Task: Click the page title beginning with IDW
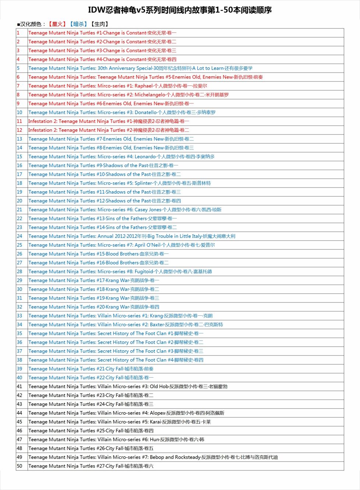click(180, 10)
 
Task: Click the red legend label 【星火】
click(57, 24)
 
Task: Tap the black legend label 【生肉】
click(99, 24)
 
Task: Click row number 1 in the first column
click(18, 33)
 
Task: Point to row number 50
click(20, 466)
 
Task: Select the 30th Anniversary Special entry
click(140, 68)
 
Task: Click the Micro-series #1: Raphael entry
click(117, 86)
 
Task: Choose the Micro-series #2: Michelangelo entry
click(128, 95)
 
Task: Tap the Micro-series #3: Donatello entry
click(122, 112)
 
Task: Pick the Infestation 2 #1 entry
click(109, 121)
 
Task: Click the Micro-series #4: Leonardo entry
click(121, 157)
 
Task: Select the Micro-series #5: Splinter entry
click(120, 183)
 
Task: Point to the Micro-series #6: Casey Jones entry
click(125, 210)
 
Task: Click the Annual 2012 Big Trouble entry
click(132, 236)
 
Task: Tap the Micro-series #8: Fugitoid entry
click(120, 272)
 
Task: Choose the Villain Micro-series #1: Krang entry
click(120, 316)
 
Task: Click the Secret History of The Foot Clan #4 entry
click(116, 360)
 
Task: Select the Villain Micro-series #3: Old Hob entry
click(128, 386)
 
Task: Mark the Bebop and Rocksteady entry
click(153, 457)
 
